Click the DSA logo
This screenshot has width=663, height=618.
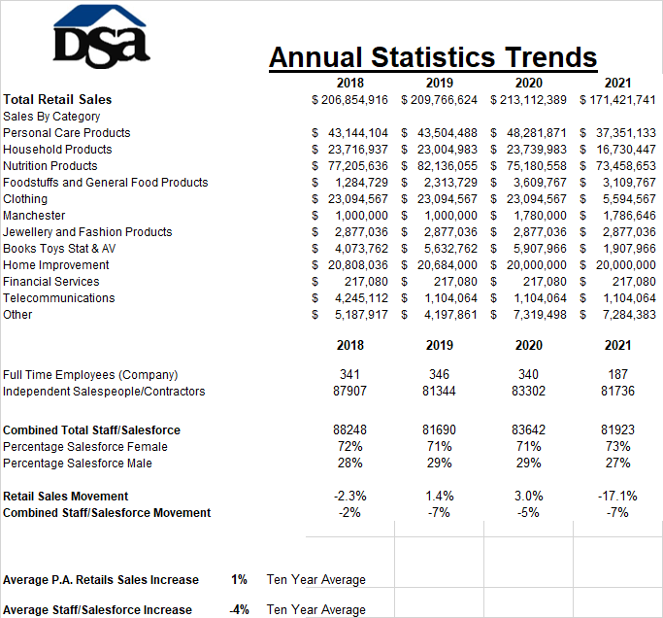tap(102, 36)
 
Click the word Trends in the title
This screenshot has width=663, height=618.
tap(550, 57)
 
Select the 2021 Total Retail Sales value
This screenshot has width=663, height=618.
tap(617, 100)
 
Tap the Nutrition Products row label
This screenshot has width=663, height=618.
tap(50, 166)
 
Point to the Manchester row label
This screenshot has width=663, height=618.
tap(34, 216)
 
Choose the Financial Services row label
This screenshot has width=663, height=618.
tap(51, 282)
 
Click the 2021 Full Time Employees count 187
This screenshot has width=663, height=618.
tap(617, 374)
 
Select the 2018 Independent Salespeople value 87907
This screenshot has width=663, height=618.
tap(349, 391)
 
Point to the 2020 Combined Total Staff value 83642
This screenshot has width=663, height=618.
tap(528, 429)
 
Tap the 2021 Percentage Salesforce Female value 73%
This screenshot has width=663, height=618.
tap(617, 446)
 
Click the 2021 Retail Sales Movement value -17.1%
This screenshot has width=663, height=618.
tap(617, 496)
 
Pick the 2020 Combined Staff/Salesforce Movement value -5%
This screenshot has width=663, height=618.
tap(528, 513)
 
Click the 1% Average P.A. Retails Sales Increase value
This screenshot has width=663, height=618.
tap(239, 579)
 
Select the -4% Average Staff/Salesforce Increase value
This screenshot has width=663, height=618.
tap(239, 609)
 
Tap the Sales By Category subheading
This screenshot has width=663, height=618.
tap(51, 117)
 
